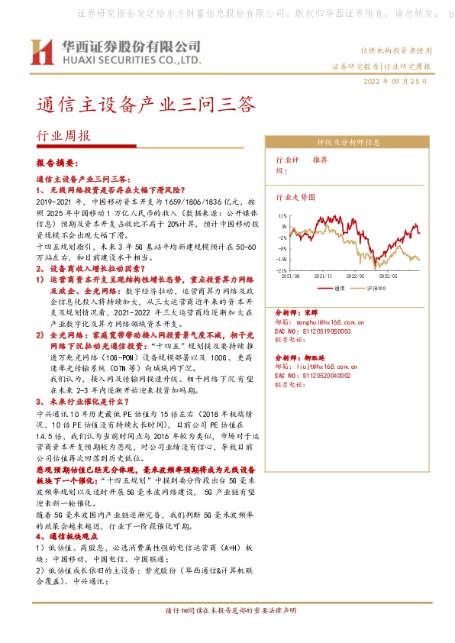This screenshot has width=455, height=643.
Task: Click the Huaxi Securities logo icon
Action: point(40,51)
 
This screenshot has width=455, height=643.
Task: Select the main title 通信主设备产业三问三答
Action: point(146,104)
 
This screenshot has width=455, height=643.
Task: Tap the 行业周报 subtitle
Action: point(63,136)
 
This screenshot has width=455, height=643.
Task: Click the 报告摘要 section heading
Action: point(57,164)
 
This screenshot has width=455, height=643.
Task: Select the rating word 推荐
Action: point(320,162)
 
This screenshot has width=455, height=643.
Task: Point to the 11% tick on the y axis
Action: point(282,216)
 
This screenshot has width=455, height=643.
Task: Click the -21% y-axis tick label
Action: point(282,270)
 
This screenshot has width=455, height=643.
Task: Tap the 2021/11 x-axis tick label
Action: point(324,276)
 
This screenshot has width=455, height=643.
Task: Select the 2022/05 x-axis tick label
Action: point(389,276)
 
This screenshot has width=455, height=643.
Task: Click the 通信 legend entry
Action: point(340,287)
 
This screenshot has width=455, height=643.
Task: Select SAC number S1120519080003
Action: point(314,331)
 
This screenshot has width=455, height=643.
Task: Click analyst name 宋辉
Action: point(310,314)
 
